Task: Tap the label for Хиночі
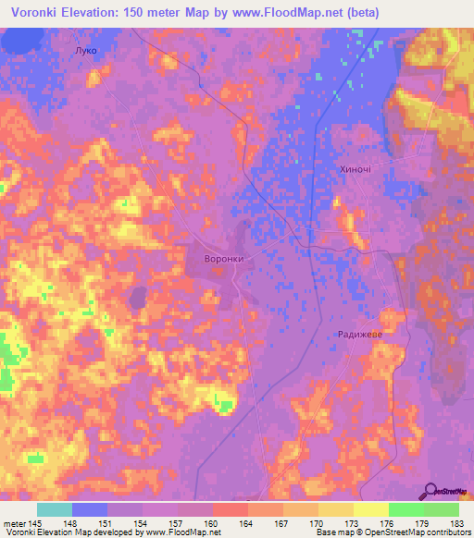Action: tap(356, 171)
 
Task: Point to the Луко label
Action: tap(83, 51)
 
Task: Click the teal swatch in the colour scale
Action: tap(55, 509)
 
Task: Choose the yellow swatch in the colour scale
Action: tap(370, 509)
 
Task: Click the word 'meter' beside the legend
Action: tap(14, 523)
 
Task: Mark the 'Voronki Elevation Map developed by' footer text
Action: tap(69, 533)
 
